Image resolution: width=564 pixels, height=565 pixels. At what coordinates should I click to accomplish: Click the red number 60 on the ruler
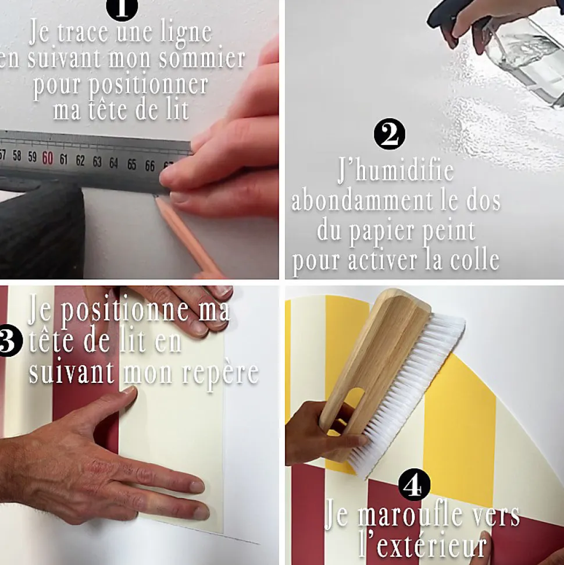pos(48,158)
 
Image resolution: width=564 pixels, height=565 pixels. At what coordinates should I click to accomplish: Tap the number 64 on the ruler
pos(113,163)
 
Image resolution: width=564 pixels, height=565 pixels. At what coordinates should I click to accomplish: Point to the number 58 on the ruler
pos(17,156)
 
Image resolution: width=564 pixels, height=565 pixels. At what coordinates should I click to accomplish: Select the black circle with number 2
pos(390,134)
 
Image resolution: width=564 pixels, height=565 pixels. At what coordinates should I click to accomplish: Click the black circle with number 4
pos(414,484)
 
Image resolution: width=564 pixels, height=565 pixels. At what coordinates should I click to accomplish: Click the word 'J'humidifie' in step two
pos(395,171)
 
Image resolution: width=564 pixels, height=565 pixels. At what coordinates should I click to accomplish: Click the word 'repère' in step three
pos(221,374)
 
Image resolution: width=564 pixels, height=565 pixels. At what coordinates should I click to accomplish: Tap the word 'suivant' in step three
pos(72,372)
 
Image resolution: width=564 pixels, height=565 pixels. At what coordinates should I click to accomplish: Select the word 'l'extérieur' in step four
pos(423,546)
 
